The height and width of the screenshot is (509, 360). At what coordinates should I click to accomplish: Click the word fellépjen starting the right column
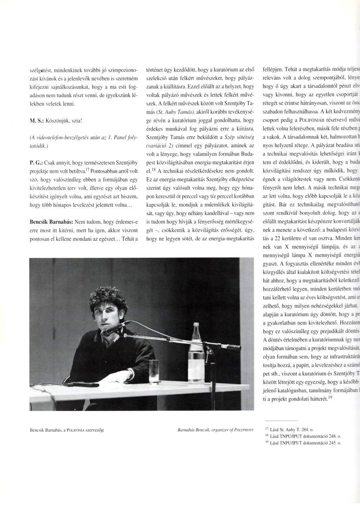(x=273, y=69)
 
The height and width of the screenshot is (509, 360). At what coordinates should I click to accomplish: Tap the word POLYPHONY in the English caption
(x=244, y=429)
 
